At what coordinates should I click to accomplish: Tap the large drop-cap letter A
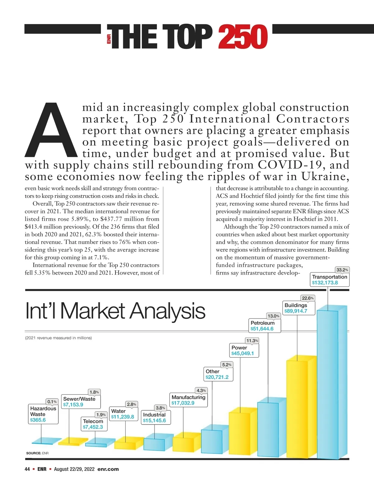point(50,131)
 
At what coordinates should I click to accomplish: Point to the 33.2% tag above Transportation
point(342,270)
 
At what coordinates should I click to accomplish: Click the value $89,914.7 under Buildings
point(296,311)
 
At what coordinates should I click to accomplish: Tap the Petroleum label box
point(262,326)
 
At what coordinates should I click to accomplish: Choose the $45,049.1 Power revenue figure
point(242,353)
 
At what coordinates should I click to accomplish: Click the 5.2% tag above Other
point(227,365)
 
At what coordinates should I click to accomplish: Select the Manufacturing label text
point(188,397)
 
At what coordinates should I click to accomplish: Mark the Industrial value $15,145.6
point(154,420)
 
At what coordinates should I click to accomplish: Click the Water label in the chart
point(118,411)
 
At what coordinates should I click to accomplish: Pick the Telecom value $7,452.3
point(93,427)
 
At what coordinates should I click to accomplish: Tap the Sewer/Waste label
point(79,399)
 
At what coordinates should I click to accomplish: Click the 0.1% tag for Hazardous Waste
point(52,402)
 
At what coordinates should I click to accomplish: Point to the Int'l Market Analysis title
point(115,311)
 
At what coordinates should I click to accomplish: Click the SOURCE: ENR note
point(37,453)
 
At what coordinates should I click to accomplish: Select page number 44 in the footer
point(27,469)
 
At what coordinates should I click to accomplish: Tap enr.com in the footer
point(108,469)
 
